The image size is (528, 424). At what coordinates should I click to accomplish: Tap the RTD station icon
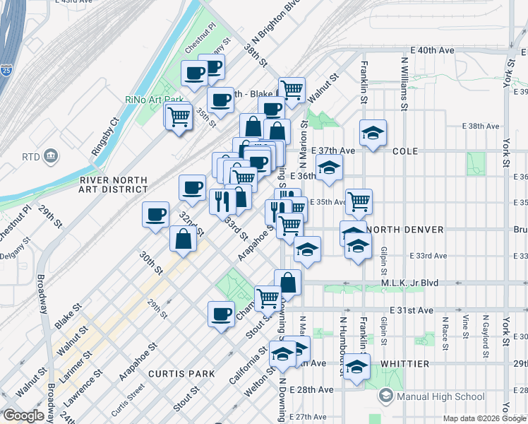point(51,155)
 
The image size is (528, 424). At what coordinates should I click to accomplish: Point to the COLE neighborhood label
point(406,151)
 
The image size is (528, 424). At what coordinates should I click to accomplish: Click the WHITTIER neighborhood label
point(404,363)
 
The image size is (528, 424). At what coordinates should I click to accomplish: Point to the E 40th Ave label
point(433,51)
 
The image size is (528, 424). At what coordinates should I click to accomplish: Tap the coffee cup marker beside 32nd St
point(155,214)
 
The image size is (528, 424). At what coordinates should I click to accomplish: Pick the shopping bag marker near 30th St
point(183,238)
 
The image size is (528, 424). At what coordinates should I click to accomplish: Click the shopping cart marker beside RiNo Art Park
point(179,115)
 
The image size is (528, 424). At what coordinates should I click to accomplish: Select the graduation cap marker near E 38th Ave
point(372,132)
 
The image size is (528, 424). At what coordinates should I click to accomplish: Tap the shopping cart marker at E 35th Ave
point(359,201)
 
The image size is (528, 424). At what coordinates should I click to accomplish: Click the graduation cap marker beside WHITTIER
point(356,367)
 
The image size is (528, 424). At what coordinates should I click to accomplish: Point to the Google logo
point(23,416)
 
